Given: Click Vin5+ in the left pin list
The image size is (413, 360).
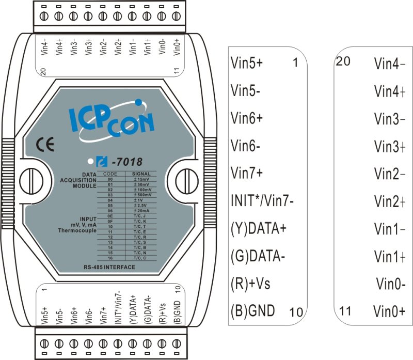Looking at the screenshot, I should coord(246,63).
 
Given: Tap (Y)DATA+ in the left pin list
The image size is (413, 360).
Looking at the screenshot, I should coord(258,228).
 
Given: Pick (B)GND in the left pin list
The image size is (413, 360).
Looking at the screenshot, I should coord(252,310).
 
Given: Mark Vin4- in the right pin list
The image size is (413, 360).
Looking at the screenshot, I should coord(389,64).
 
